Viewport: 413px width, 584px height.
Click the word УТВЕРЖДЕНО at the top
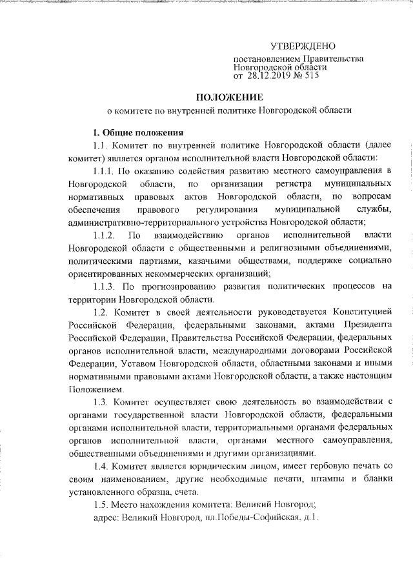coord(303,47)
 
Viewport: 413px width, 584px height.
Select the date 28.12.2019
coord(270,76)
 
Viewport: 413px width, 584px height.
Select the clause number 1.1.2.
coord(105,236)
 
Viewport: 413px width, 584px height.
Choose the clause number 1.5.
coord(102,503)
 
